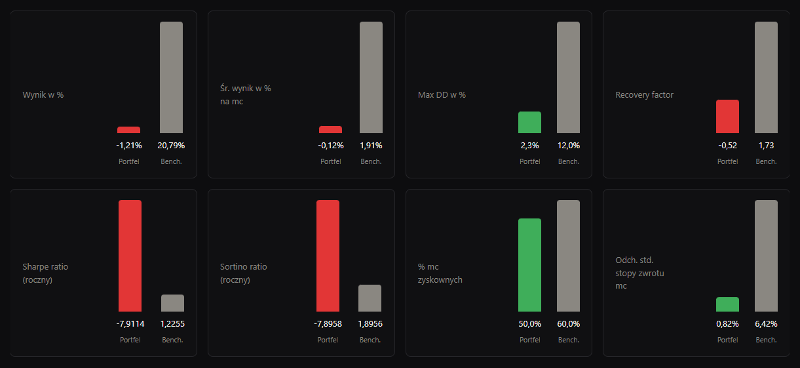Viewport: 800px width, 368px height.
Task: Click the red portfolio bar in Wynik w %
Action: (128, 130)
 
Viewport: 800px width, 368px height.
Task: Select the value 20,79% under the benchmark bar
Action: (171, 146)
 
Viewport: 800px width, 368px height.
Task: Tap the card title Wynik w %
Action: (43, 94)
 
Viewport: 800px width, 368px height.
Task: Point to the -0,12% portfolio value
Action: (331, 146)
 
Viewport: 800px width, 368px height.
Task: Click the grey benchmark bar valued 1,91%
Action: (371, 77)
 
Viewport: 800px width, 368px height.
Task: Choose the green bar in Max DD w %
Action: (529, 122)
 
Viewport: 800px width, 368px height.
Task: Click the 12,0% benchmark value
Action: (569, 146)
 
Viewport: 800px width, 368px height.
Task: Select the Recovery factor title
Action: (644, 94)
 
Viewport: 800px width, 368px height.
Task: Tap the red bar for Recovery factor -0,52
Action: (727, 117)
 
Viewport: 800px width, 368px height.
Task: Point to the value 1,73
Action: (766, 146)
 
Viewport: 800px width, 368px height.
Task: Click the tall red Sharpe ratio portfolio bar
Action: (130, 256)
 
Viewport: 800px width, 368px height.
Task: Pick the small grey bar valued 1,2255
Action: (172, 303)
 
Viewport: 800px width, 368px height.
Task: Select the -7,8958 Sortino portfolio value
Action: (328, 324)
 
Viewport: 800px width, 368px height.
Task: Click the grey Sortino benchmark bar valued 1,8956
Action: (370, 298)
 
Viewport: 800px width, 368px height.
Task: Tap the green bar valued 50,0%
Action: (529, 265)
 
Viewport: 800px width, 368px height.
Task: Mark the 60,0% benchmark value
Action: (569, 324)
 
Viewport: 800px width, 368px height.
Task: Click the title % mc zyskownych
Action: (440, 274)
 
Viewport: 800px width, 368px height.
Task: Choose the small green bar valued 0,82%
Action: (727, 304)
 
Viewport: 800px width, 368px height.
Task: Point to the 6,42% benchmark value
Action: (766, 324)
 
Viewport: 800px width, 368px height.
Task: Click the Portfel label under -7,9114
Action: (130, 340)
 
